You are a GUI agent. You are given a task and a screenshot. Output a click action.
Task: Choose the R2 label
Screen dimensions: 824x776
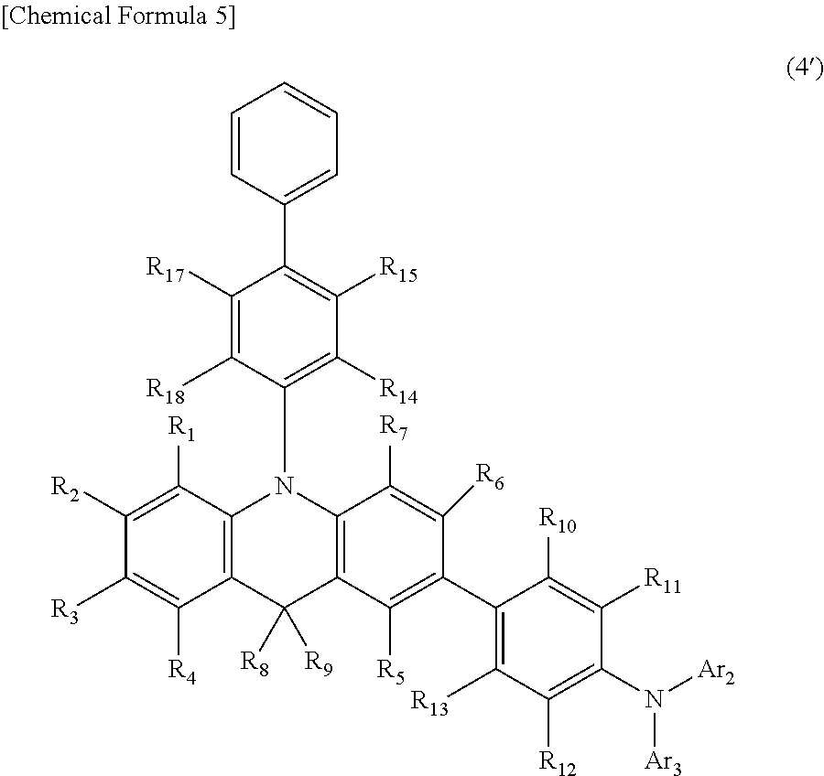pyautogui.click(x=68, y=487)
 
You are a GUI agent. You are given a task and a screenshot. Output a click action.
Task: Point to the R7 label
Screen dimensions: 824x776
pyautogui.click(x=395, y=427)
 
